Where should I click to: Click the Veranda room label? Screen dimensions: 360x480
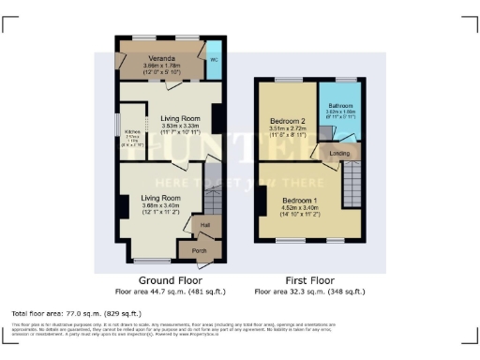point(156,57)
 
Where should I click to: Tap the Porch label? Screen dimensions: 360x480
point(199,250)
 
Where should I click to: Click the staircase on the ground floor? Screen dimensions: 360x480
point(214,200)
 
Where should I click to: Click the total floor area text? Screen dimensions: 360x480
point(76,312)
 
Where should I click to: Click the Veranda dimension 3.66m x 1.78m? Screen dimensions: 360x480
point(156,65)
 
